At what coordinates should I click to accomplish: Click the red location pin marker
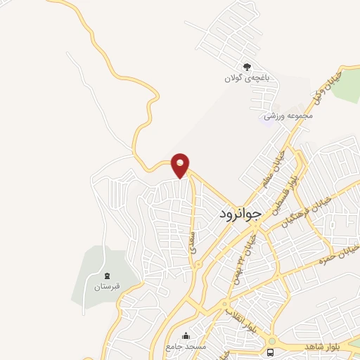pos(181,165)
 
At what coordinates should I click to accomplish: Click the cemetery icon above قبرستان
pos(107,275)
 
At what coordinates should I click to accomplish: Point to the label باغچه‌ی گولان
pos(247,77)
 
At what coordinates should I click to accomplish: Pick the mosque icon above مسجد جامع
pos(186,335)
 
